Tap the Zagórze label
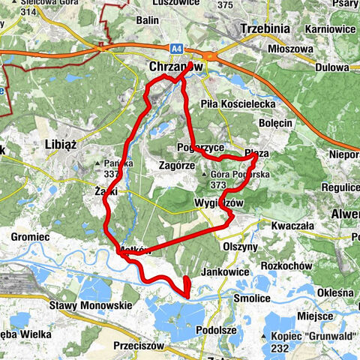[x=178, y=164]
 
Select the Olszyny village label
[x=241, y=245]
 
